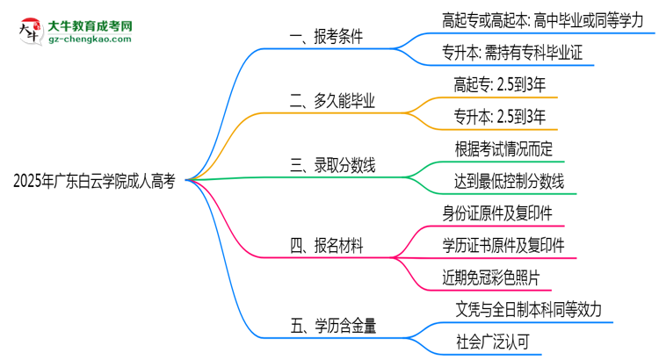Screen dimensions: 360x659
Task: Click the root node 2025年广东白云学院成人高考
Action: [x=94, y=182]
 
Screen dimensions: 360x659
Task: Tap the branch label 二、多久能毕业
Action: [x=333, y=102]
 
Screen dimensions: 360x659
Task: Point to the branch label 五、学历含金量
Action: [x=333, y=326]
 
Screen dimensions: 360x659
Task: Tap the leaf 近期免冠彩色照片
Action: [x=497, y=278]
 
